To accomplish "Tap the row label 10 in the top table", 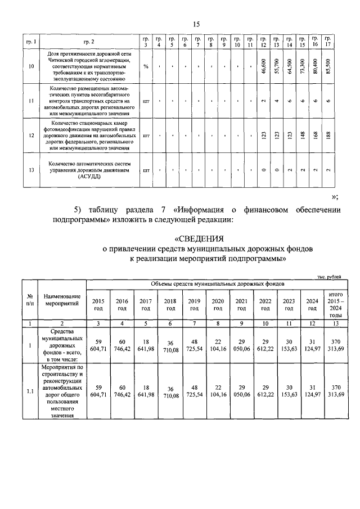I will (31, 66).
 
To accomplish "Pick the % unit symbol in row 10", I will (146, 66).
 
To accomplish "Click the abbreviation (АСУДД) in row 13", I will (89, 176).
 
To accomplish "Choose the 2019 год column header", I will (195, 304).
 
